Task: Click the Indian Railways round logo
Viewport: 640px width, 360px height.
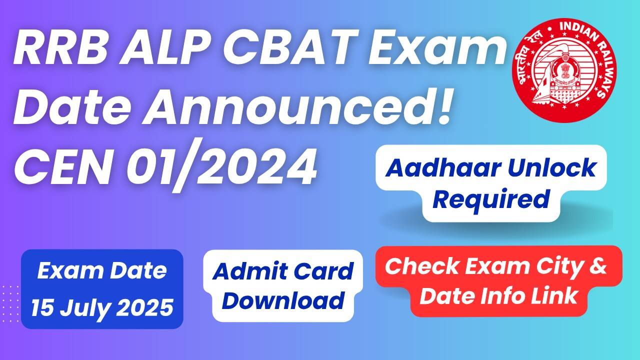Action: coord(564,70)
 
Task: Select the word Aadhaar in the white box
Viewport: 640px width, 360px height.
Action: coord(440,168)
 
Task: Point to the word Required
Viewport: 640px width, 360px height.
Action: coord(491,199)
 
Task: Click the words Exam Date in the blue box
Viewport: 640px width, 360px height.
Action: coord(102,270)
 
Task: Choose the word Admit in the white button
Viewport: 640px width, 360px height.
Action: coord(246,271)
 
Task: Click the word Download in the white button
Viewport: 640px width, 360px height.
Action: coord(283,300)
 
